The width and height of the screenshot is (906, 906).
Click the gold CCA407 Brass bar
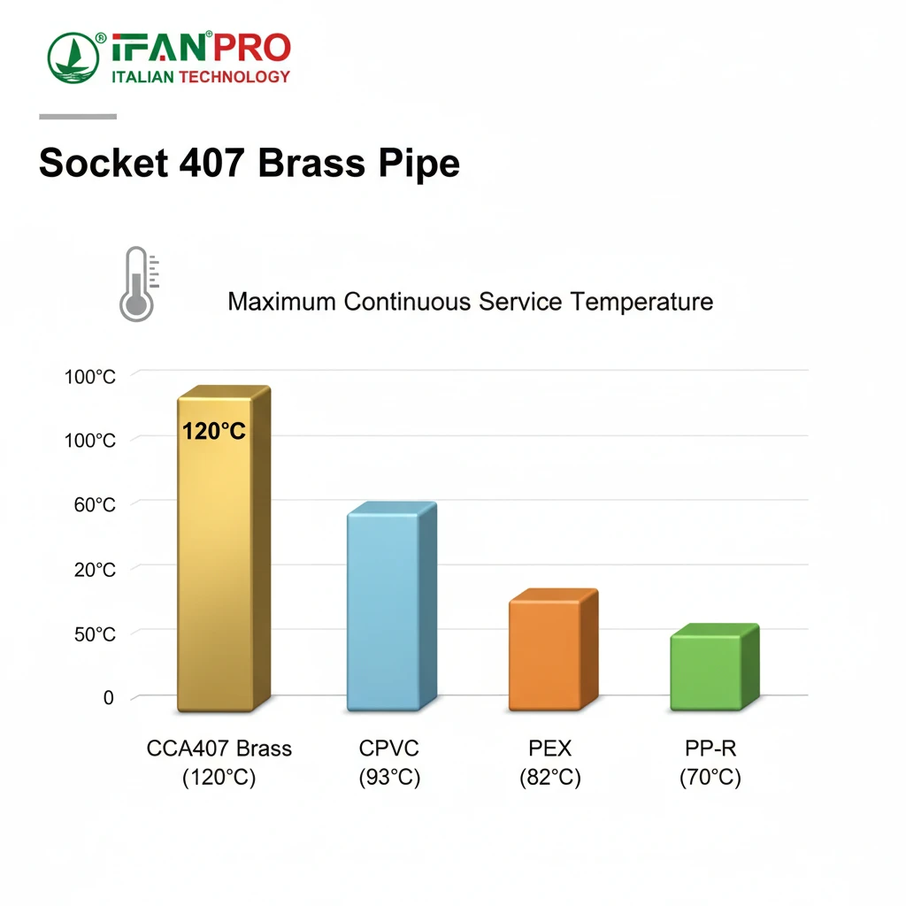coord(224,549)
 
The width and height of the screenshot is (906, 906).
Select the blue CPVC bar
coord(392,606)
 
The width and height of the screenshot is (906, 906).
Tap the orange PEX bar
coord(554,649)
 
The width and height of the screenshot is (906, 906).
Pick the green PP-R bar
coord(715,667)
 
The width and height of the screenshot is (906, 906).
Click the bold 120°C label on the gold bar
coord(214,431)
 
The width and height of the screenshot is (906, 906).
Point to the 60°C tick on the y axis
coord(95,505)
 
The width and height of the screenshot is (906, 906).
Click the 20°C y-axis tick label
coord(95,570)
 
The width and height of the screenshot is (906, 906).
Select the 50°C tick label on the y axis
coord(95,634)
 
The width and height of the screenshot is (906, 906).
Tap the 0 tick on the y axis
coord(109,697)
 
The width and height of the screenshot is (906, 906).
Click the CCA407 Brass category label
coord(219,749)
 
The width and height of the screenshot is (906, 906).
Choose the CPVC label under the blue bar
coord(389,749)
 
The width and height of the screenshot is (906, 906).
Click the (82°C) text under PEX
coord(550,777)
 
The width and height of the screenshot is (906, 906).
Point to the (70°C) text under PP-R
coord(710,777)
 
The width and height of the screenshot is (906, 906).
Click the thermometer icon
coord(138,284)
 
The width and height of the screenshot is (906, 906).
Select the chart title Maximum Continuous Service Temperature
coord(471,302)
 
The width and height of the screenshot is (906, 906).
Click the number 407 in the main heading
coord(211,163)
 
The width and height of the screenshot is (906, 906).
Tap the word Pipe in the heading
coord(419,165)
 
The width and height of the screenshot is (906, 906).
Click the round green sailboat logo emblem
coord(73,58)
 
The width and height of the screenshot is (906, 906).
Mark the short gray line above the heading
coord(78,117)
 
